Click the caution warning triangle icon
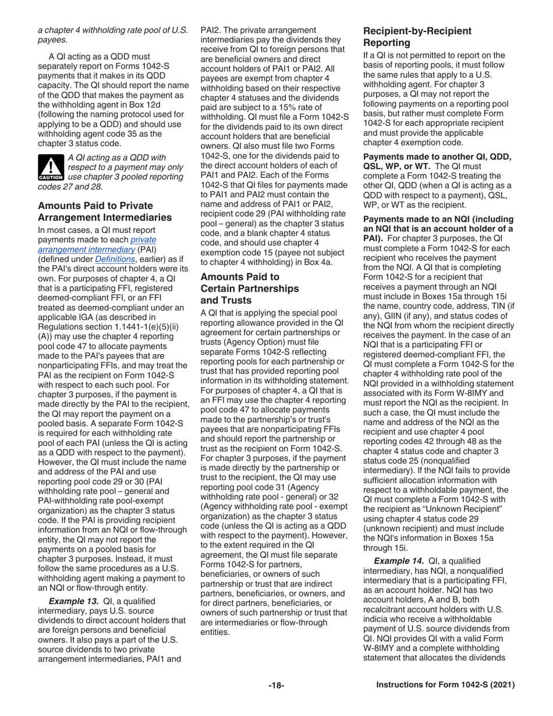click(51, 166)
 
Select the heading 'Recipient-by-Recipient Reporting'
click(417, 37)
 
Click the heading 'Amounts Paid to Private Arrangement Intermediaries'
click(104, 211)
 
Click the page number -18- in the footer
click(276, 685)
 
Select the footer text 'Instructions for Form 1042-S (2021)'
click(445, 685)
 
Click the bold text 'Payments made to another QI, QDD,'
click(437, 157)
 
